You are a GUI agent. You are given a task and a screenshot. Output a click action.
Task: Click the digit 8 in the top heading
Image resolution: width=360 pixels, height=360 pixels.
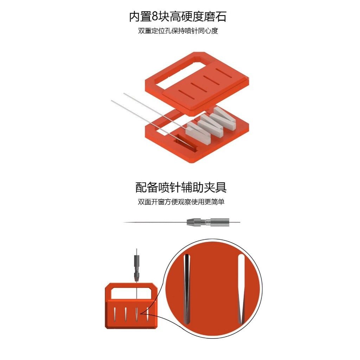(x=155, y=17)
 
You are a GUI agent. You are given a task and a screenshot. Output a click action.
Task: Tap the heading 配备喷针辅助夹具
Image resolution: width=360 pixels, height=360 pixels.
(x=181, y=187)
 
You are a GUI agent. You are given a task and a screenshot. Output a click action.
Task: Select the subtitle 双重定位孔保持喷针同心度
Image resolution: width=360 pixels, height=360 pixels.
(x=178, y=31)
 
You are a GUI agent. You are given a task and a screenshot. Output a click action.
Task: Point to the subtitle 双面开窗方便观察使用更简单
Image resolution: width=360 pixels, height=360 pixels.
(x=181, y=202)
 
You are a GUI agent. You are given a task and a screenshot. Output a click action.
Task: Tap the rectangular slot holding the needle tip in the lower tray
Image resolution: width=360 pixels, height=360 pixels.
(x=186, y=144)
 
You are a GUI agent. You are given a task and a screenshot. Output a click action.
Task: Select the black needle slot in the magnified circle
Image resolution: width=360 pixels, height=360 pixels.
(x=187, y=289)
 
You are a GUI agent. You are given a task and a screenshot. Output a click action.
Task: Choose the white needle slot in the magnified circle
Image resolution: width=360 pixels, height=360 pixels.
(x=241, y=289)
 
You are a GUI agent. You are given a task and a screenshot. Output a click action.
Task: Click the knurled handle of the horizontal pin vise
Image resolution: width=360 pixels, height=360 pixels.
(x=220, y=222)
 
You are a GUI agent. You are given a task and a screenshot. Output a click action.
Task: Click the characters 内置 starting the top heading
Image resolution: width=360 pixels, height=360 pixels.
(x=140, y=17)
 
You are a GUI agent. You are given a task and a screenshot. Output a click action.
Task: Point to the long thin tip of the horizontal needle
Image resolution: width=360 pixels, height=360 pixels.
(x=155, y=222)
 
